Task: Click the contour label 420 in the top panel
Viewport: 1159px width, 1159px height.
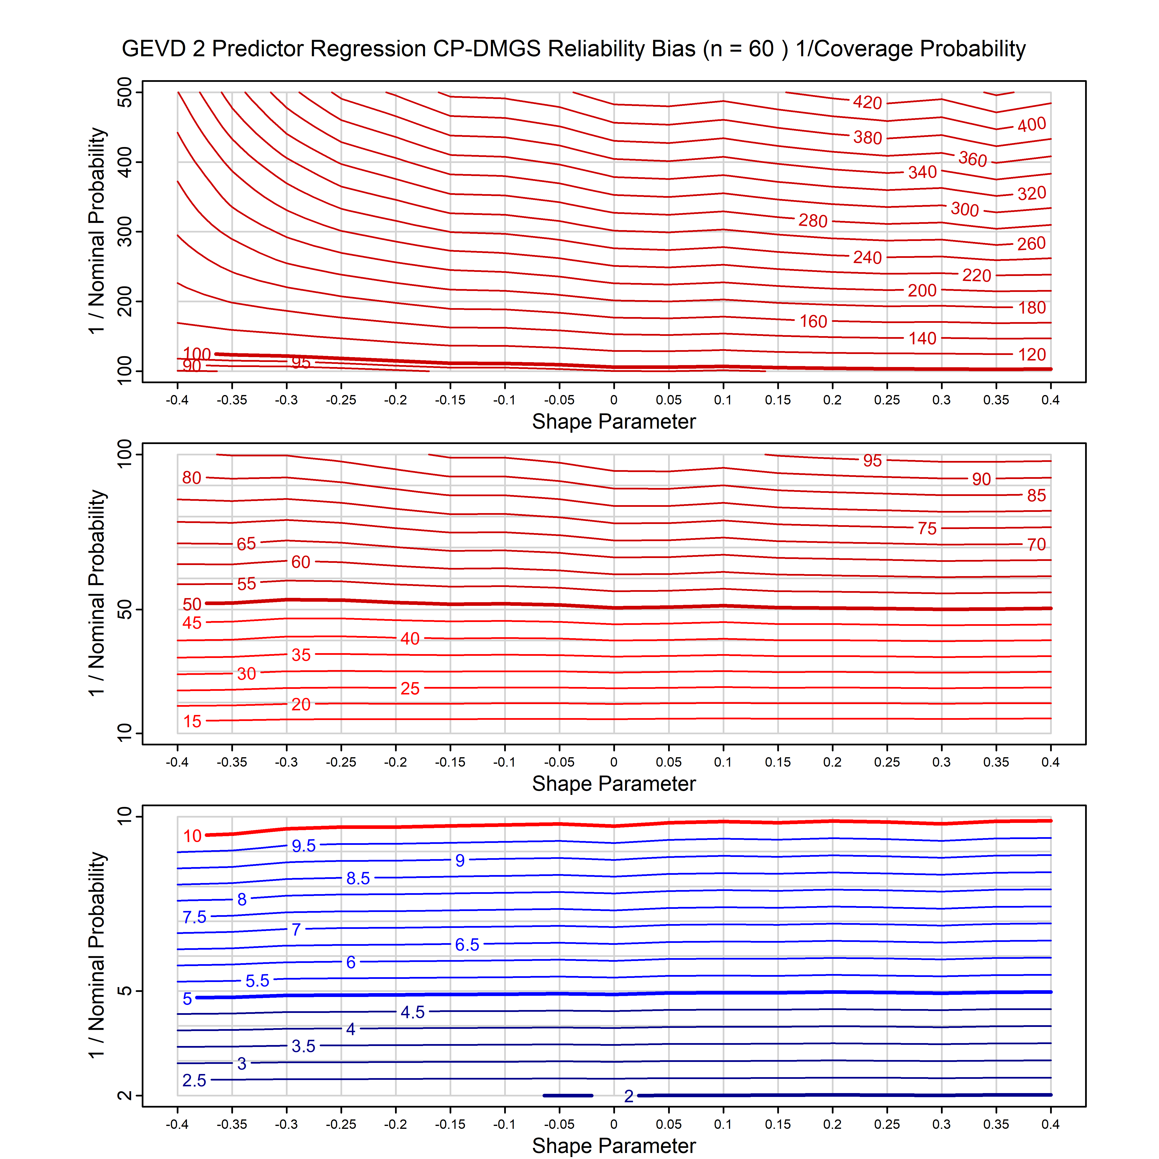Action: (868, 103)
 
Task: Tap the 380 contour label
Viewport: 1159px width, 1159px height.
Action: (868, 138)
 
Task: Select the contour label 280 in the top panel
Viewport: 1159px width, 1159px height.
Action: (813, 221)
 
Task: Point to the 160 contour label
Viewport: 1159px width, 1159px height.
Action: (813, 322)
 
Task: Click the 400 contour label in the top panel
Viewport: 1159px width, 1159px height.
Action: (1032, 125)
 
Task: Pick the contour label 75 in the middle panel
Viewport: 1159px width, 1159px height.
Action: (927, 529)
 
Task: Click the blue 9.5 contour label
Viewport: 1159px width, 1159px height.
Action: (304, 846)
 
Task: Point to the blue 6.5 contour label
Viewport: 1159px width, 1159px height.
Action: (467, 945)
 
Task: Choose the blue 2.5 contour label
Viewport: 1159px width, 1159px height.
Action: (194, 1081)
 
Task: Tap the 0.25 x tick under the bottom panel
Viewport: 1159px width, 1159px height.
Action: (887, 1124)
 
